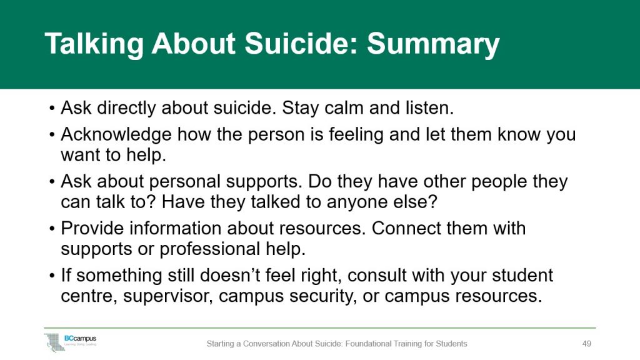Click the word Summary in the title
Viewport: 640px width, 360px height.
click(433, 44)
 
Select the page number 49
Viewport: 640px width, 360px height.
click(586, 344)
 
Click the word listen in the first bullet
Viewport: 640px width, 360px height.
click(430, 107)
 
